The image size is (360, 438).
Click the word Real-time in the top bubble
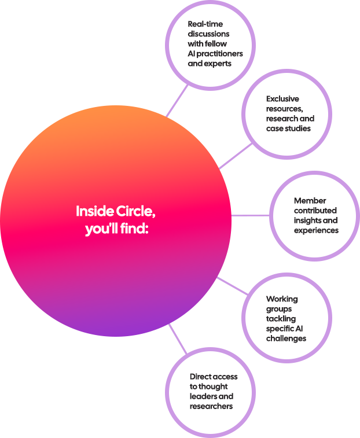[x=205, y=24]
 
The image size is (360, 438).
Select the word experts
[x=218, y=64]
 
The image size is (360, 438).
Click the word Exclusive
[x=282, y=99]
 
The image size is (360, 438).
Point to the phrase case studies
[x=288, y=128]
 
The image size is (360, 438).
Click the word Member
[x=310, y=201]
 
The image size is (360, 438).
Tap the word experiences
[x=316, y=230]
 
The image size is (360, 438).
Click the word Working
[x=282, y=299]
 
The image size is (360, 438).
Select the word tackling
[x=281, y=319]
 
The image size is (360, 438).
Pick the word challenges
[x=286, y=338]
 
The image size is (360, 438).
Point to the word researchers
[x=211, y=406]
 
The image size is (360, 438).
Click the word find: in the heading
[x=135, y=229]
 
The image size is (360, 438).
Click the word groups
[x=279, y=309]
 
